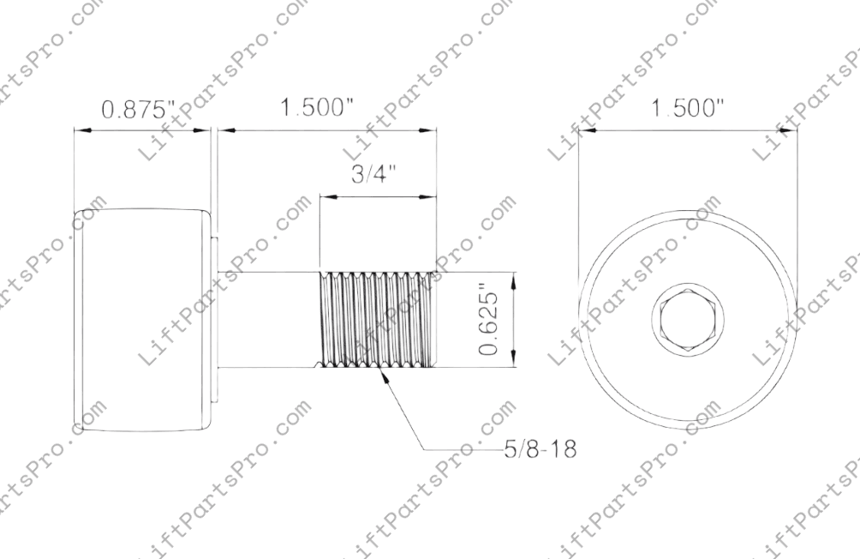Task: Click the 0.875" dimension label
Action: (x=138, y=110)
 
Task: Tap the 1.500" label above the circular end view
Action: (x=688, y=110)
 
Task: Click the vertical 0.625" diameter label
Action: (x=489, y=321)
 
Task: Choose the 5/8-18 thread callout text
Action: (x=539, y=448)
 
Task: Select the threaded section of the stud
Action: (x=378, y=321)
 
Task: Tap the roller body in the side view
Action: (x=141, y=319)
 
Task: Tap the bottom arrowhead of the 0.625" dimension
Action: (x=513, y=364)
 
